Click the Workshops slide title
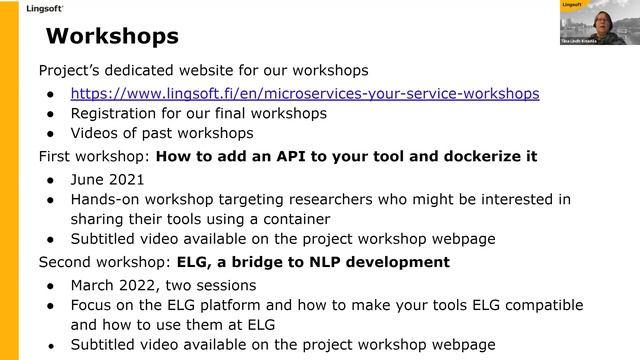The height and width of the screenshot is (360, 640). click(113, 37)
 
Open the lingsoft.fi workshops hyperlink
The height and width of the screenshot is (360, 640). click(305, 93)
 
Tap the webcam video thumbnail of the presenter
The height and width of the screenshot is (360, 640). click(599, 22)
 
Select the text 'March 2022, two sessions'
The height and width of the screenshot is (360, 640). click(164, 285)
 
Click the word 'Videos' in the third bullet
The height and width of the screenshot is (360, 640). click(96, 133)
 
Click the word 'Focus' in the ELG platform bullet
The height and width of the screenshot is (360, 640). click(93, 304)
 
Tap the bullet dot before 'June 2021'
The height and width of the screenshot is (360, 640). click(51, 180)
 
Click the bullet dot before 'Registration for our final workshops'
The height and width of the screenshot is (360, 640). click(51, 114)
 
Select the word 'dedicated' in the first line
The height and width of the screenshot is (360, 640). click(138, 71)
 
